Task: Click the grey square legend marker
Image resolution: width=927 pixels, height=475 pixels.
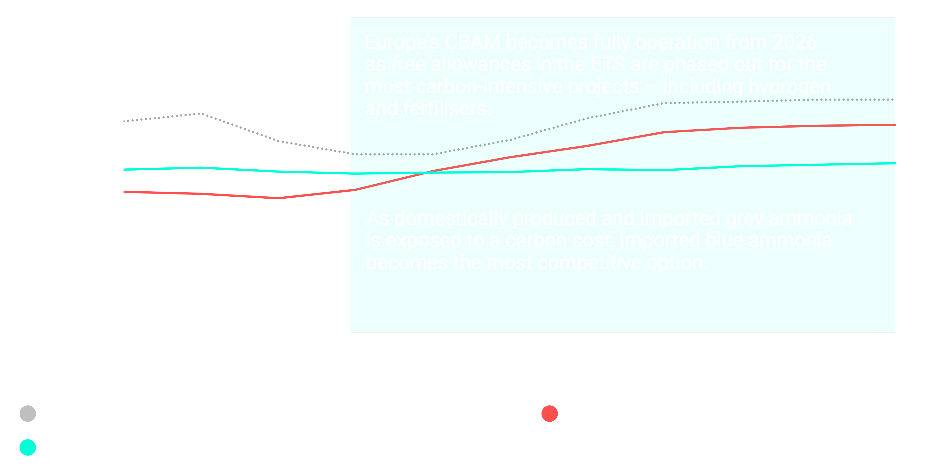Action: (x=28, y=414)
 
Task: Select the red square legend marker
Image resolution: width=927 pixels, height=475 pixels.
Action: (x=549, y=414)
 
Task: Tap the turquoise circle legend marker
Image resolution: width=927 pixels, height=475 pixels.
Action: (x=28, y=448)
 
